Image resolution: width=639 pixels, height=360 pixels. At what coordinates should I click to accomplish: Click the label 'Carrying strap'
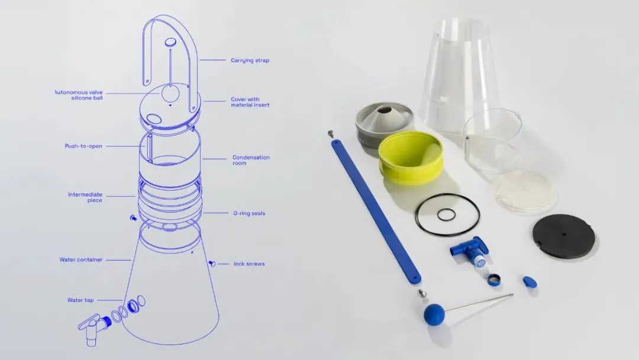point(250,60)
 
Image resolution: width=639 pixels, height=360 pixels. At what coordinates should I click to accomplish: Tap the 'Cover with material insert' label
point(250,102)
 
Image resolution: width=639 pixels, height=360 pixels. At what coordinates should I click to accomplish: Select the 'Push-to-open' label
point(83,146)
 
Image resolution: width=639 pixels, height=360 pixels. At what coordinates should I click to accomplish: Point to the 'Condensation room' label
point(251,160)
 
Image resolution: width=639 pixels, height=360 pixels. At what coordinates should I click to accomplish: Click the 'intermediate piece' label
point(85,197)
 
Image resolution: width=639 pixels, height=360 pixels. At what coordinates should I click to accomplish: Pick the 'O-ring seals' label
point(249,213)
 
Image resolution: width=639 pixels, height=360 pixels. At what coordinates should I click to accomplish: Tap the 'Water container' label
point(80,260)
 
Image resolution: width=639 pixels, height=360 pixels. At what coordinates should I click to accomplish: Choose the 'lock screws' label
point(249,263)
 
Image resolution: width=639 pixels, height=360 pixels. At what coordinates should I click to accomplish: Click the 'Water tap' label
point(80,300)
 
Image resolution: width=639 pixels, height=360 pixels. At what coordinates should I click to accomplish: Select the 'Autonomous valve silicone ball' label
point(79,95)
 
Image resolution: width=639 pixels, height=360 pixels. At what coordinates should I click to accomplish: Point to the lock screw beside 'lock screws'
point(212,263)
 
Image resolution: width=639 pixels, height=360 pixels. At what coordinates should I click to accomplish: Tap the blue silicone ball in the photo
point(434,314)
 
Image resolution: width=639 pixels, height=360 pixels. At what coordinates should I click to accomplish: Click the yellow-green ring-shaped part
point(411,157)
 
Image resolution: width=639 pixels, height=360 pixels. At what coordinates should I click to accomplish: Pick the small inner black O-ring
point(446,214)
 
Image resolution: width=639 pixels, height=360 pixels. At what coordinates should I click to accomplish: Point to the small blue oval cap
point(530,282)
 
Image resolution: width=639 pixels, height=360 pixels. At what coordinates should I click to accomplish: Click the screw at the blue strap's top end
point(331,133)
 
